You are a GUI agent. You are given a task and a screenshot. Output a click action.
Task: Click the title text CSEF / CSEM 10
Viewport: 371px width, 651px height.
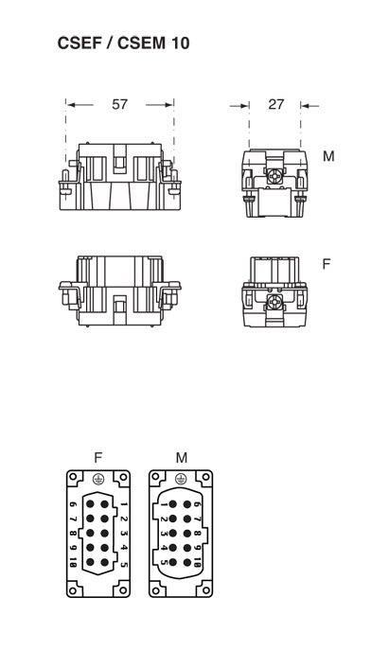coord(123,44)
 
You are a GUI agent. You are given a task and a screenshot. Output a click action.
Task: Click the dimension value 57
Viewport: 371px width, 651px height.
coord(119,105)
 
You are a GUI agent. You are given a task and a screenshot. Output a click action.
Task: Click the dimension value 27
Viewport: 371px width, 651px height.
coord(275,105)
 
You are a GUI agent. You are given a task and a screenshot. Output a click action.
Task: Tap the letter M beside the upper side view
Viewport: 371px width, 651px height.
coord(328,156)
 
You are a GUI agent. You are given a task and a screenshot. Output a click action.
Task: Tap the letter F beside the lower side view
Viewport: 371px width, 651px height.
coord(327,264)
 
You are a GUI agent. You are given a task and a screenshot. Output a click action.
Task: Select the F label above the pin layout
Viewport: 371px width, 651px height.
coord(98,458)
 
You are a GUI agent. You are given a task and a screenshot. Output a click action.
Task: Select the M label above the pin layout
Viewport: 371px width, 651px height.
coord(182,458)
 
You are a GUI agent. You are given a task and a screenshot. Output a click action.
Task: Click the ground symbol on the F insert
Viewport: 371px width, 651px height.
coord(98,479)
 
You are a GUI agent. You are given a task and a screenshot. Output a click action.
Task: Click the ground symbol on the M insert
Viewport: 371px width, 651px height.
coord(181,479)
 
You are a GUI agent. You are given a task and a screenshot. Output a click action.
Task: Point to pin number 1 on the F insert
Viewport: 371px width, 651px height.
coord(123,505)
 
